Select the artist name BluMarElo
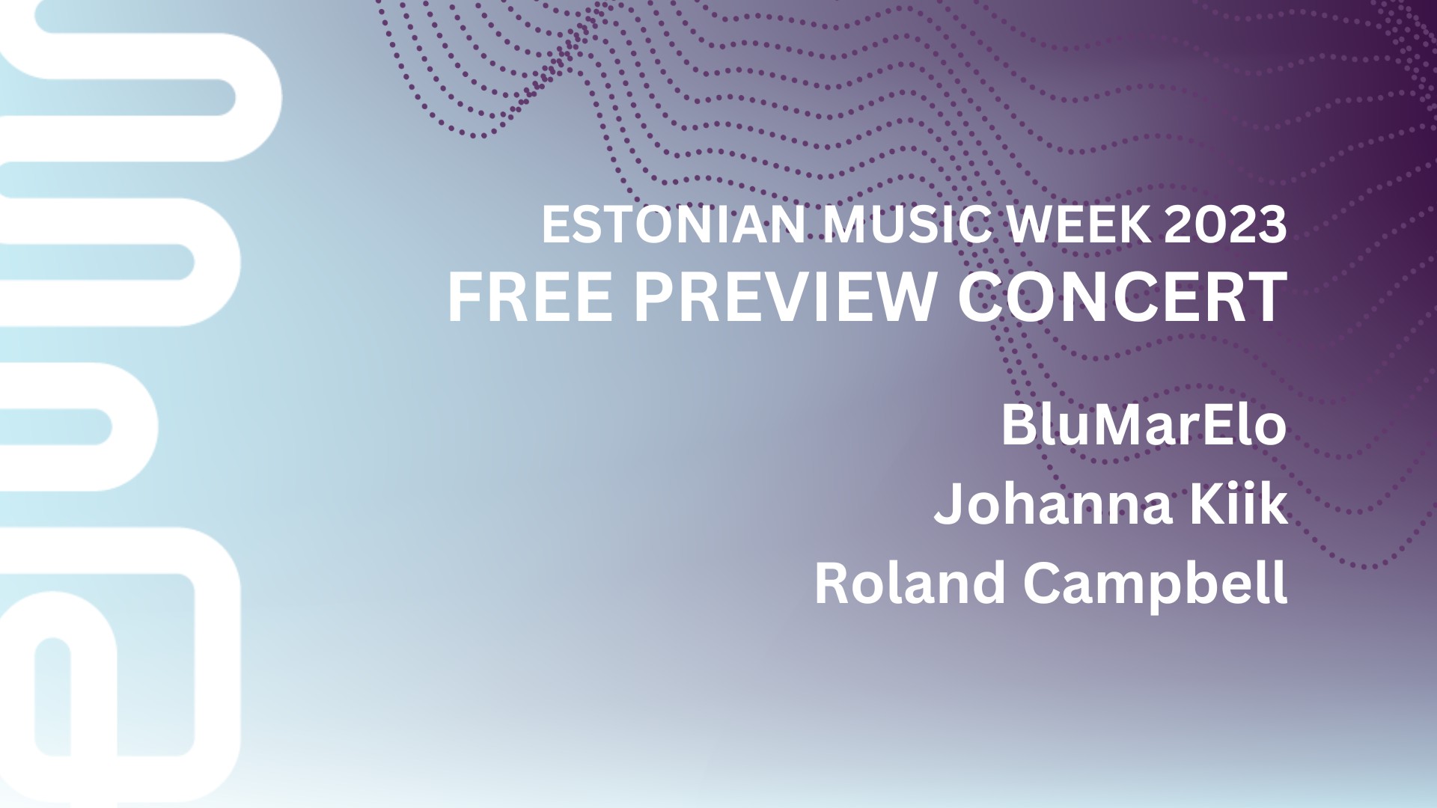[1144, 425]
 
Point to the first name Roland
[910, 584]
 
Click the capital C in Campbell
[1041, 584]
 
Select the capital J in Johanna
[948, 506]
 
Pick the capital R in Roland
[832, 584]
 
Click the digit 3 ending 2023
[1272, 224]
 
